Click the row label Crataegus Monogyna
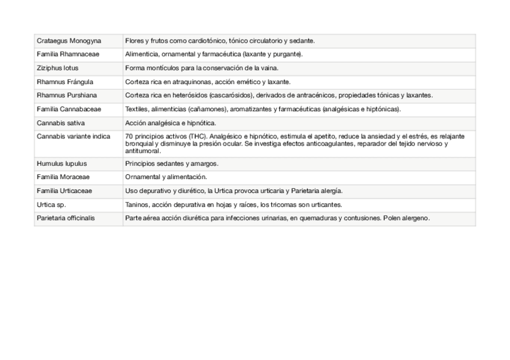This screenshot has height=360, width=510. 69,41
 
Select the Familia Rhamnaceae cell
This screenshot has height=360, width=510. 68,54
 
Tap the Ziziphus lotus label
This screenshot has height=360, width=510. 58,68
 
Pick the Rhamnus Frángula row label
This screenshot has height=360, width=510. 65,82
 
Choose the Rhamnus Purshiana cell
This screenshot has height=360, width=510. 67,96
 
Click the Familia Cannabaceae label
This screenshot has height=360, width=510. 69,109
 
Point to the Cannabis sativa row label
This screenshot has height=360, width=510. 61,123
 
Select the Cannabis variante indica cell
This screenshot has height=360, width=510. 73,136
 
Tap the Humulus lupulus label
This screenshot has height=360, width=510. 62,163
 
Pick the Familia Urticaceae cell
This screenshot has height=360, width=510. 65,191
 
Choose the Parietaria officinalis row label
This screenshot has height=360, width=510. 66,218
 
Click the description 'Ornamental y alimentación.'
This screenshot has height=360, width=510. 165,177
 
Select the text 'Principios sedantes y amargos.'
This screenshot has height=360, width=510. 171,163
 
